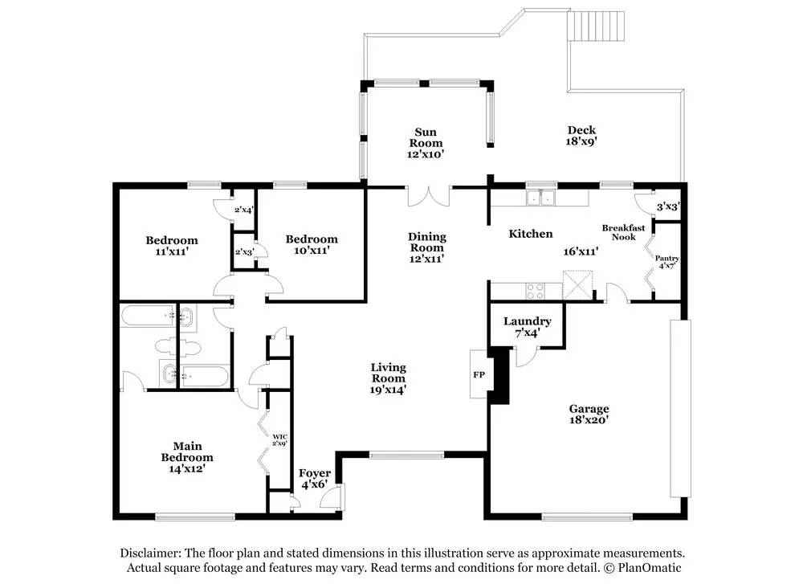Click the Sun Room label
[x=426, y=138]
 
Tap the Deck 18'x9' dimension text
[x=581, y=141]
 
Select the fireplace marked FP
[x=479, y=374]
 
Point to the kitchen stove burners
[x=536, y=291]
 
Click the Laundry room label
[x=527, y=321]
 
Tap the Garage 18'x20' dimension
[x=589, y=420]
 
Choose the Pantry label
[x=666, y=259]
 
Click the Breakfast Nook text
[x=623, y=232]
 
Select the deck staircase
[x=596, y=27]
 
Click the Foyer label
[x=315, y=473]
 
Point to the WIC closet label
[x=279, y=437]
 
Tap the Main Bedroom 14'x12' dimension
[x=187, y=469]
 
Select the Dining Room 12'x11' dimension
[x=426, y=259]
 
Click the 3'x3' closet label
[x=668, y=207]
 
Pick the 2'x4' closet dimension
[x=244, y=210]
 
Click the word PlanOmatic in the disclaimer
[x=650, y=568]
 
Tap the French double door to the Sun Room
[x=429, y=196]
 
